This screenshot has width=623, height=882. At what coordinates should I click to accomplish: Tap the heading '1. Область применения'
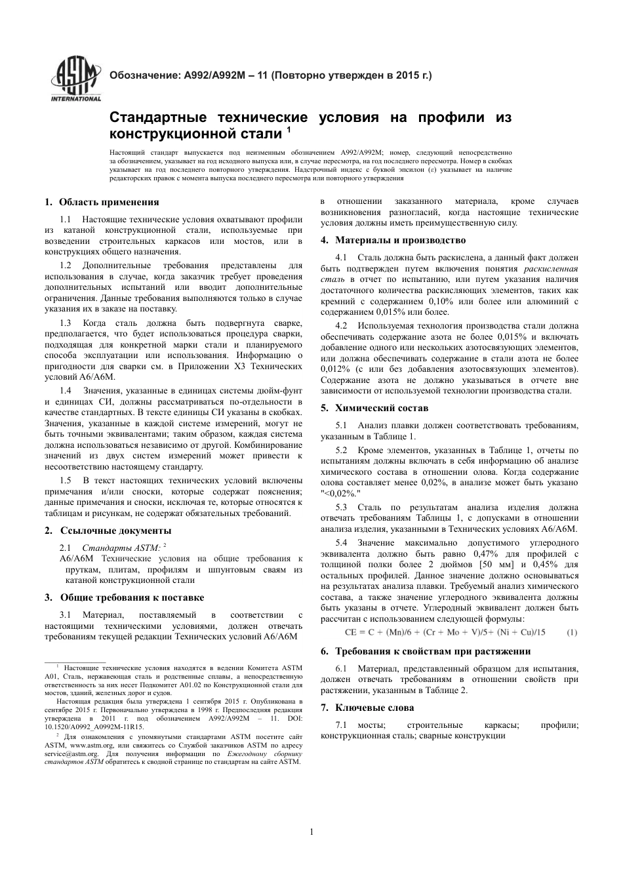(102, 202)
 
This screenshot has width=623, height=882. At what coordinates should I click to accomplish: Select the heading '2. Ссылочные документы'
(108, 531)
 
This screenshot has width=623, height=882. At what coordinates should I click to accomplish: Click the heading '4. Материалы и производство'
(393, 240)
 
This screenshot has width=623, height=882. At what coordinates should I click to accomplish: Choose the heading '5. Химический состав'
(374, 408)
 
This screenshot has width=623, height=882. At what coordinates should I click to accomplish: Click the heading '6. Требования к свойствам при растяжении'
(435, 651)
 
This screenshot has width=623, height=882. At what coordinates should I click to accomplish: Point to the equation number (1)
(571, 632)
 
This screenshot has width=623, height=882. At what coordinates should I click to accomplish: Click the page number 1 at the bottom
(311, 832)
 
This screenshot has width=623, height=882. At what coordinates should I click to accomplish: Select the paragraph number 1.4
(66, 391)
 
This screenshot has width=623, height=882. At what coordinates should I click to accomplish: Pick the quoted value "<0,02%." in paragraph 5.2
(341, 493)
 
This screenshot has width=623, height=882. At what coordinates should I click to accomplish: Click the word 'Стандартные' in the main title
(153, 118)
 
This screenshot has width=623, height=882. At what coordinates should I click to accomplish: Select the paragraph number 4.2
(341, 326)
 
